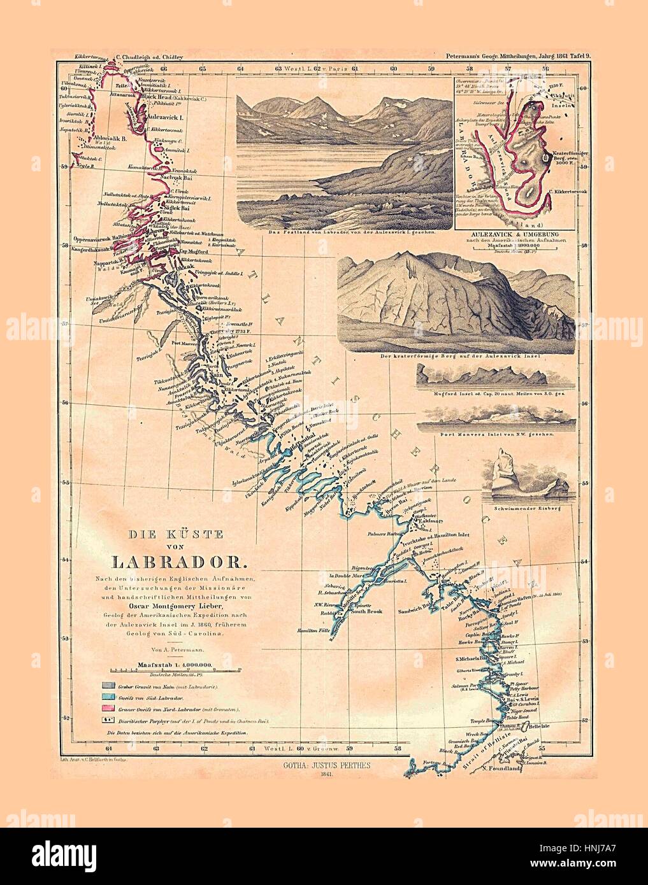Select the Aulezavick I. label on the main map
pyautogui.click(x=165, y=118)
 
